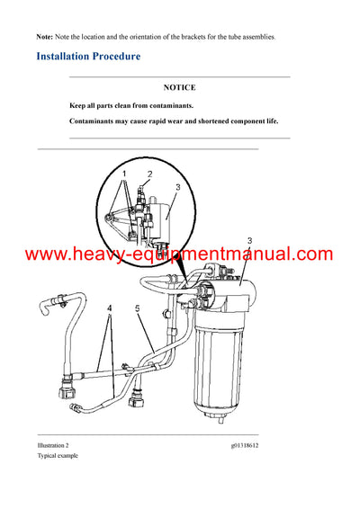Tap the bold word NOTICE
(x=179, y=88)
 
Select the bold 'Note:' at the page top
(x=44, y=36)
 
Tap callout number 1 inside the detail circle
(x=124, y=173)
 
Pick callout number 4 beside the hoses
(x=109, y=308)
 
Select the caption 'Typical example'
(x=58, y=456)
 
